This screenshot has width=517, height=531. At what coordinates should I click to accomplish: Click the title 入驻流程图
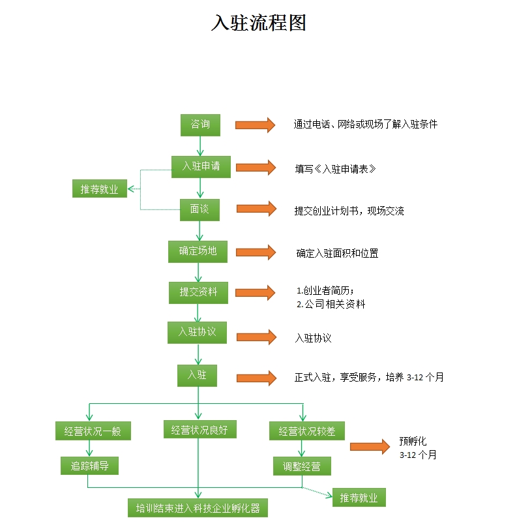(x=258, y=23)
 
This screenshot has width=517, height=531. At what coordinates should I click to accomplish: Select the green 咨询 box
(x=200, y=125)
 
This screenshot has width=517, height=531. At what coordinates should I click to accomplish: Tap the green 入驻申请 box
(x=201, y=166)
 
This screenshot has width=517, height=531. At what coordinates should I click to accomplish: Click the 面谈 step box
(x=199, y=210)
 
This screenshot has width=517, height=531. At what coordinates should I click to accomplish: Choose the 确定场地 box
(x=198, y=251)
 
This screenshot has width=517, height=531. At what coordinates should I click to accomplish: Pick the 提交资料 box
(x=198, y=292)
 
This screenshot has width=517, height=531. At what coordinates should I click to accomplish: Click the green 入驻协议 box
(x=198, y=333)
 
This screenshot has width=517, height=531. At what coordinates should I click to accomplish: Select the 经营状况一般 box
(x=93, y=431)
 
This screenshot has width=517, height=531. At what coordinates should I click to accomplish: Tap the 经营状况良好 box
(x=199, y=429)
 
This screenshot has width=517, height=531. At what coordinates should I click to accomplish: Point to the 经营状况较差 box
(x=307, y=431)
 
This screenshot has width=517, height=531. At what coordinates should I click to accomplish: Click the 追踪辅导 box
(x=89, y=466)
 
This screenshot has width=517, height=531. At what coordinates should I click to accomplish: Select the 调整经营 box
(x=302, y=466)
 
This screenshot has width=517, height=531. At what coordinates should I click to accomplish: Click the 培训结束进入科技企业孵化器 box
(x=198, y=508)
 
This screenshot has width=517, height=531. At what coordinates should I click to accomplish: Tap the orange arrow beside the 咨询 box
(x=256, y=125)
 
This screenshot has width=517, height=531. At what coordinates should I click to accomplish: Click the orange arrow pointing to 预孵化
(x=370, y=447)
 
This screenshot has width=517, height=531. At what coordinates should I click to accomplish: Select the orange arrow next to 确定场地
(x=256, y=252)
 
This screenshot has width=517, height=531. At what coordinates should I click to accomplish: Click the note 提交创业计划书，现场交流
(x=349, y=211)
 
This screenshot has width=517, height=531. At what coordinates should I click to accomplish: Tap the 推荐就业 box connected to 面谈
(x=99, y=189)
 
